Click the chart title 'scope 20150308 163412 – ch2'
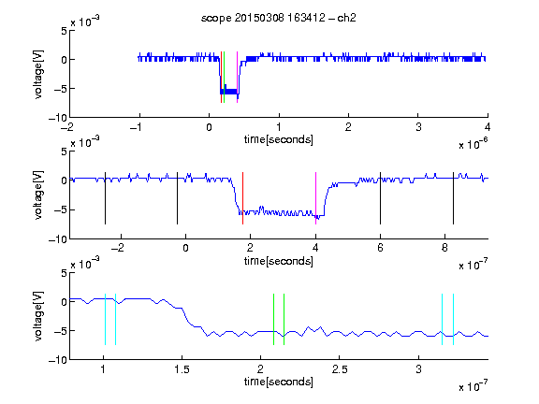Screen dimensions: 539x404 click(x=279, y=18)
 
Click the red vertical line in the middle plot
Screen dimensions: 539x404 click(x=242, y=198)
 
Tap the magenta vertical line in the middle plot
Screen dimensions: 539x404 click(x=316, y=198)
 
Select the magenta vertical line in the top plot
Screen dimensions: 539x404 click(x=237, y=77)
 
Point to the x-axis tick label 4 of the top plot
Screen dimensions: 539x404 click(x=488, y=127)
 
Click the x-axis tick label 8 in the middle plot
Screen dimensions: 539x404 click(x=444, y=248)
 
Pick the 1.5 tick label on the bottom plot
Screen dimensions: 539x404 click(x=182, y=369)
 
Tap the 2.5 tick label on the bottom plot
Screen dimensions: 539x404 click(x=340, y=369)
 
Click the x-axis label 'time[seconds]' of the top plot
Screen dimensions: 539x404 click(x=279, y=139)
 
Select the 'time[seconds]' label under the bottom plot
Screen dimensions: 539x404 click(x=279, y=382)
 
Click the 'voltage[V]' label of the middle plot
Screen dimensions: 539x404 click(x=38, y=195)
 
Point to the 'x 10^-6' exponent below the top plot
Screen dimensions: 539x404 click(x=473, y=143)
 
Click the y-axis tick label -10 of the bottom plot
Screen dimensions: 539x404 click(x=58, y=360)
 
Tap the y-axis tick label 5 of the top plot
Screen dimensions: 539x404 click(x=64, y=31)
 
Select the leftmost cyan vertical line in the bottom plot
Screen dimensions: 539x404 click(x=105, y=319)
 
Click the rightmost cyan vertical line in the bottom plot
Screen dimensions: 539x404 click(x=454, y=319)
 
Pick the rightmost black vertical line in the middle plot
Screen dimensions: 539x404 click(x=453, y=198)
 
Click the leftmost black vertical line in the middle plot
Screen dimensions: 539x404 click(x=105, y=198)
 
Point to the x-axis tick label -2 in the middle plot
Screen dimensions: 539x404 click(x=118, y=248)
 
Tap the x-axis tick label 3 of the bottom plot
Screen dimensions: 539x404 click(x=418, y=369)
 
